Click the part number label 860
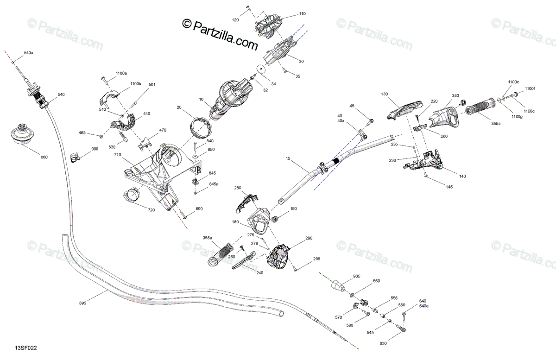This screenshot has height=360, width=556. pyautogui.click(x=44, y=157)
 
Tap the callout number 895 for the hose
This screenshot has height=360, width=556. pyautogui.click(x=82, y=303)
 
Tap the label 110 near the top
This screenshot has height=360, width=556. pyautogui.click(x=302, y=14)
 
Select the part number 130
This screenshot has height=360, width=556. pyautogui.click(x=384, y=94)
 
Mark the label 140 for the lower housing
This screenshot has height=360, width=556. pyautogui.click(x=462, y=176)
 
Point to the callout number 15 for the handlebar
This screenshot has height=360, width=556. pyautogui.click(x=288, y=159)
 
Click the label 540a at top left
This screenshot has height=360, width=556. pyautogui.click(x=28, y=53)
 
